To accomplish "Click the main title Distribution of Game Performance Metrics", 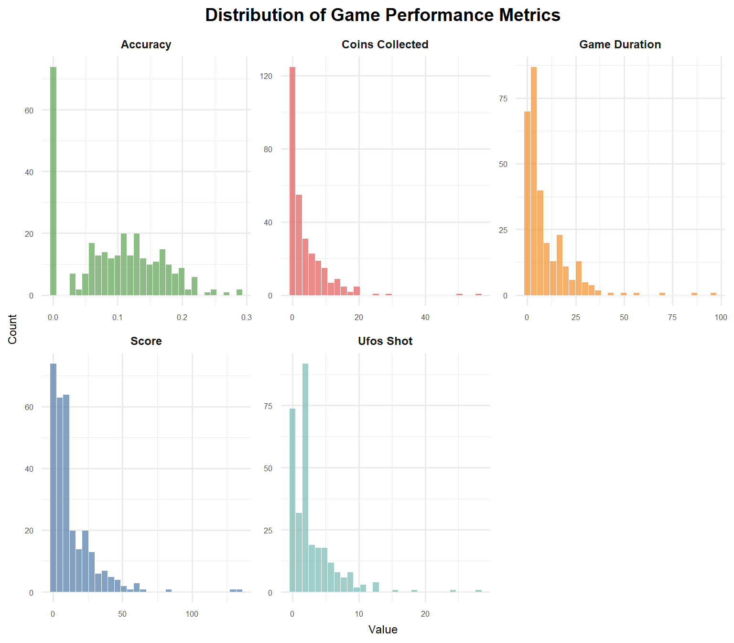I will click(x=382, y=15).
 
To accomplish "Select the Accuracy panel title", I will click(x=146, y=44).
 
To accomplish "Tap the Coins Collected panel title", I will click(x=385, y=44).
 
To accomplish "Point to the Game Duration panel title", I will click(x=620, y=44).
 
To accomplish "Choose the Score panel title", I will click(x=146, y=341).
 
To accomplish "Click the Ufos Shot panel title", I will click(x=385, y=341).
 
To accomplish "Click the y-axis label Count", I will click(x=12, y=329).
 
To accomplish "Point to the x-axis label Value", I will click(x=383, y=630).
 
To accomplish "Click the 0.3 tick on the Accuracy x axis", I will click(x=247, y=318).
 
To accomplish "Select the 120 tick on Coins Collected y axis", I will click(x=266, y=76).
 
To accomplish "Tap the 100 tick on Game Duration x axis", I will click(x=721, y=318).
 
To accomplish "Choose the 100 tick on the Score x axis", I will click(x=192, y=614).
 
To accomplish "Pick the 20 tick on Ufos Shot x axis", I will click(x=425, y=614).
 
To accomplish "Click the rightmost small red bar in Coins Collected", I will click(x=478, y=294).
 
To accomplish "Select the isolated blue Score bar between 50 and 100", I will click(x=169, y=591).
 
